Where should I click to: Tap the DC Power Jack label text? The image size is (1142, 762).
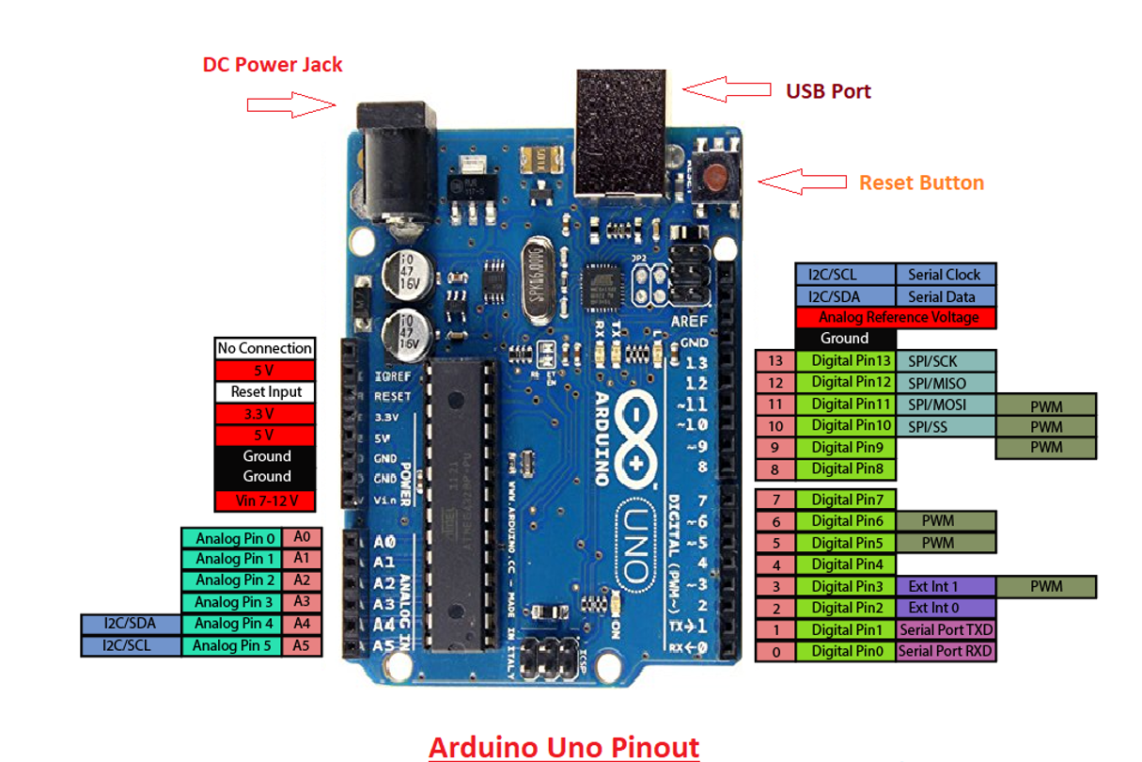tap(273, 65)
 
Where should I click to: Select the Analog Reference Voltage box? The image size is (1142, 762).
tap(896, 317)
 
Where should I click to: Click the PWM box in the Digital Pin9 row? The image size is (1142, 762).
tap(1045, 447)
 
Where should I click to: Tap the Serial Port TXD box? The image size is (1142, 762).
tap(946, 629)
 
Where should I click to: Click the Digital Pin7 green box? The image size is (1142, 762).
tap(846, 499)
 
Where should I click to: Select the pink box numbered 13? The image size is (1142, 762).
tap(774, 361)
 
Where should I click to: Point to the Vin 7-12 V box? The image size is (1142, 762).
tap(265, 500)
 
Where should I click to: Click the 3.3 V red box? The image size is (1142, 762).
tap(265, 414)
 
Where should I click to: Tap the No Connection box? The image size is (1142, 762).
tap(265, 348)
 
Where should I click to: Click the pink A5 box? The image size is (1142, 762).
tap(302, 645)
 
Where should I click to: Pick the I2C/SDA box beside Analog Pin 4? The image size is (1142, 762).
tap(131, 624)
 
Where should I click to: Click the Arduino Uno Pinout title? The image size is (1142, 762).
tap(564, 747)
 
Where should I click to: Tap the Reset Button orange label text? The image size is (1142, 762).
tap(921, 183)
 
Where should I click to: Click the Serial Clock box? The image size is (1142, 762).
tap(945, 275)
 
